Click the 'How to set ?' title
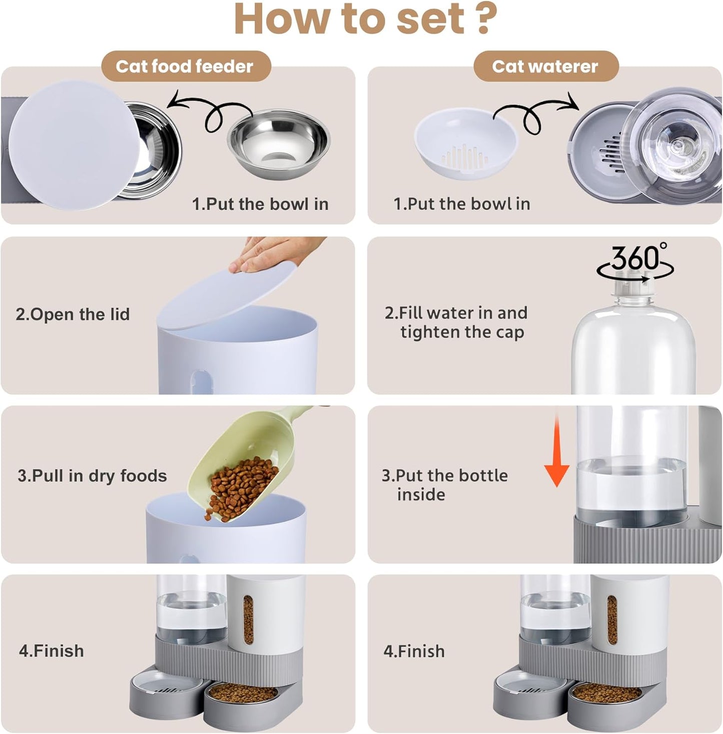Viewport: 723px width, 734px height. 365,19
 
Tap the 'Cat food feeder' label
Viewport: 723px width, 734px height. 185,66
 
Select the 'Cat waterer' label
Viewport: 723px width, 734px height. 545,66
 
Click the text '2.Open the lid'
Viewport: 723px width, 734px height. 73,314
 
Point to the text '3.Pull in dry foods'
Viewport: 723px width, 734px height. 92,475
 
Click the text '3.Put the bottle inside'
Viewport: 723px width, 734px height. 444,484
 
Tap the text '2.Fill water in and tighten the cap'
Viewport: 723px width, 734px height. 456,322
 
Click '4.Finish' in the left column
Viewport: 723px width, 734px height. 52,651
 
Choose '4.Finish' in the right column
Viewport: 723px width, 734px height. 414,651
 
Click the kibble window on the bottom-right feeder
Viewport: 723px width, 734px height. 611,620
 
